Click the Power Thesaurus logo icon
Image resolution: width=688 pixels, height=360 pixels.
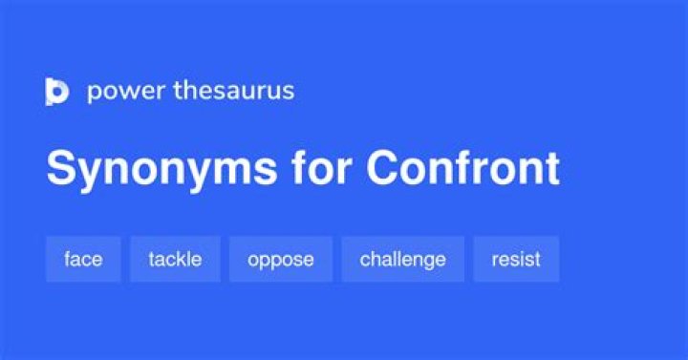coord(57,92)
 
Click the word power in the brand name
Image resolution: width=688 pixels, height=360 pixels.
coord(126,92)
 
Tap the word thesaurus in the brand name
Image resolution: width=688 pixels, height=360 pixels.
coord(233,90)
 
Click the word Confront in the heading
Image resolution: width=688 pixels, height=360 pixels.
coord(462,167)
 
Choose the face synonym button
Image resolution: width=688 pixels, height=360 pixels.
coord(83,259)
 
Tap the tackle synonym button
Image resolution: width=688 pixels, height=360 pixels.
coord(175,259)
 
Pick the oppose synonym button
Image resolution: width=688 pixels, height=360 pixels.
coord(281,259)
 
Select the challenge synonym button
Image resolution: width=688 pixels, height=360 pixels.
coord(403,259)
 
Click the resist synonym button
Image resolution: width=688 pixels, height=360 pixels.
coord(516,259)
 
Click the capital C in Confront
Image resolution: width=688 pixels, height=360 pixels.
coord(384,167)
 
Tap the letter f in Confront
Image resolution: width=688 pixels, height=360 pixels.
coord(473,167)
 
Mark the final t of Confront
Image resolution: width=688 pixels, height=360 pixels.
coord(551,169)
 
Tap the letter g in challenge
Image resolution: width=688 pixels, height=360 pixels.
coord(437,262)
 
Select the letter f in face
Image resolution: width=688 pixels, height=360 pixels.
coord(67,259)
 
